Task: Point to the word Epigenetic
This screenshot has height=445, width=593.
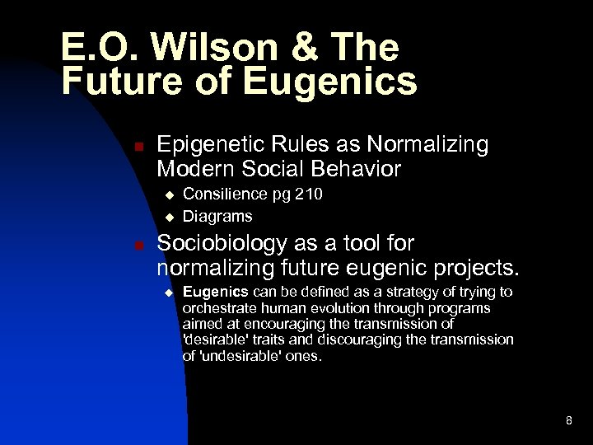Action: [x=207, y=146]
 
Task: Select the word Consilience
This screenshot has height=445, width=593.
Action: [x=223, y=194]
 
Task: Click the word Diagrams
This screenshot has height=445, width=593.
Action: [x=217, y=217]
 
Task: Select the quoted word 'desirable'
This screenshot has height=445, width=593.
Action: [x=217, y=340]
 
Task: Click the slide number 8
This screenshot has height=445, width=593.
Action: [x=568, y=421]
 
